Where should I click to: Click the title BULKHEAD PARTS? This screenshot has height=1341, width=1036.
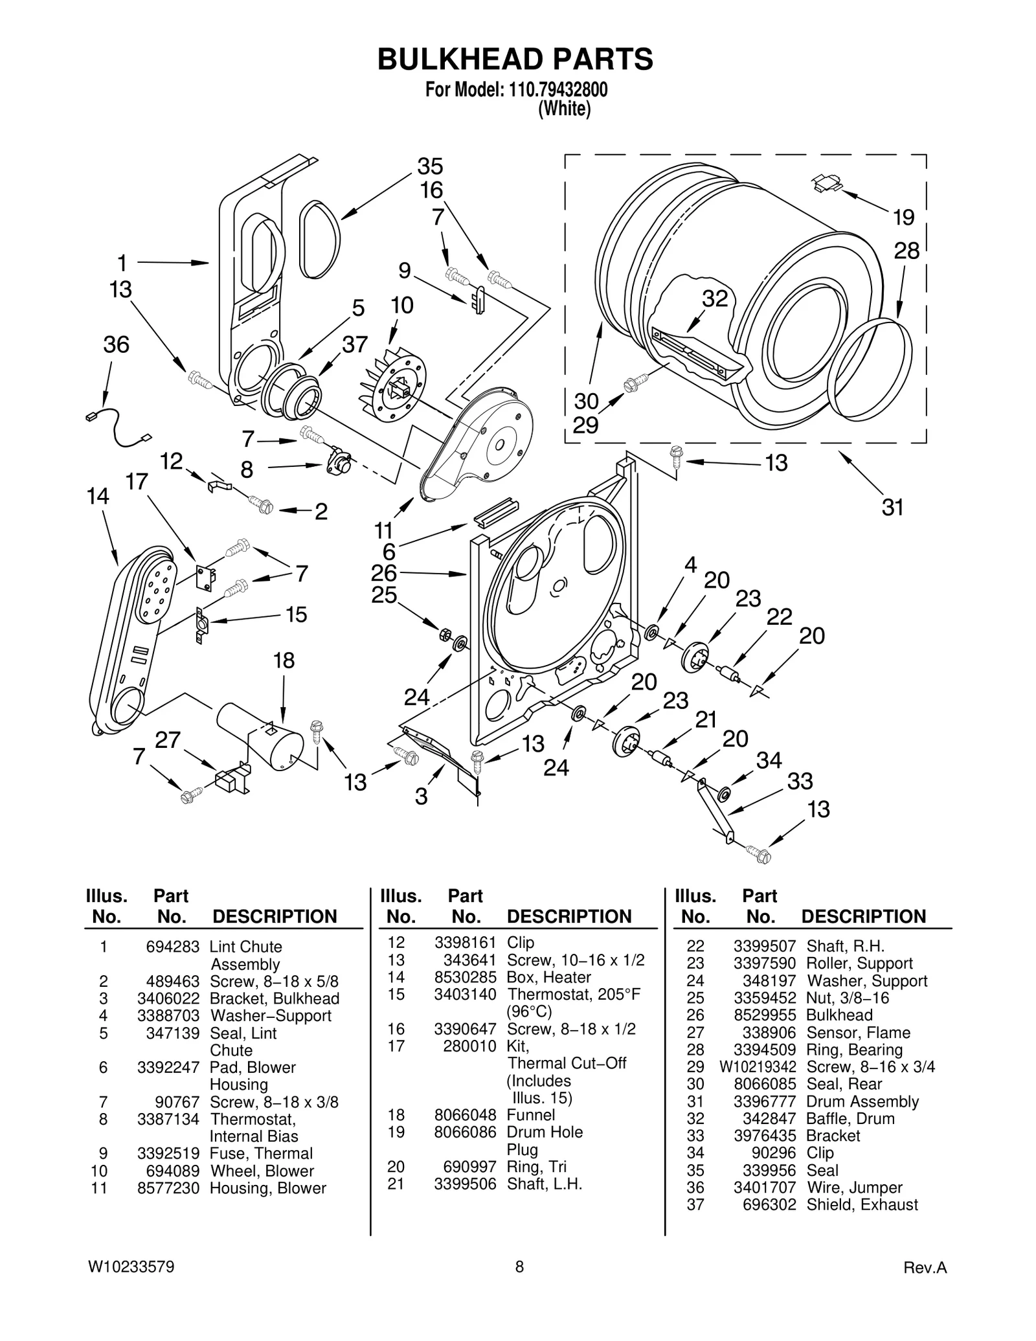515,60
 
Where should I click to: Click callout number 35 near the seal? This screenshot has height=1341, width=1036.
430,166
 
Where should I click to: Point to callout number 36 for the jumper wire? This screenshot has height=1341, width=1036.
117,344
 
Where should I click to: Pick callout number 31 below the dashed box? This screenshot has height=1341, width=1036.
892,507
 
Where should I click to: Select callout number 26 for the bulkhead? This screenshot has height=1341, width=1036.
383,572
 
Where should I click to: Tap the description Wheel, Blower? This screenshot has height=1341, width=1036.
262,1171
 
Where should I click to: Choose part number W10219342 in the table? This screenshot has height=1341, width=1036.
758,1066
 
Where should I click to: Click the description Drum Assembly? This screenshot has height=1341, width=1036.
862,1101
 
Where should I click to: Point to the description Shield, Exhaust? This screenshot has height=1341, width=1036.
862,1204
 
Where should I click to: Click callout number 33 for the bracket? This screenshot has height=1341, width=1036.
800,781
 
